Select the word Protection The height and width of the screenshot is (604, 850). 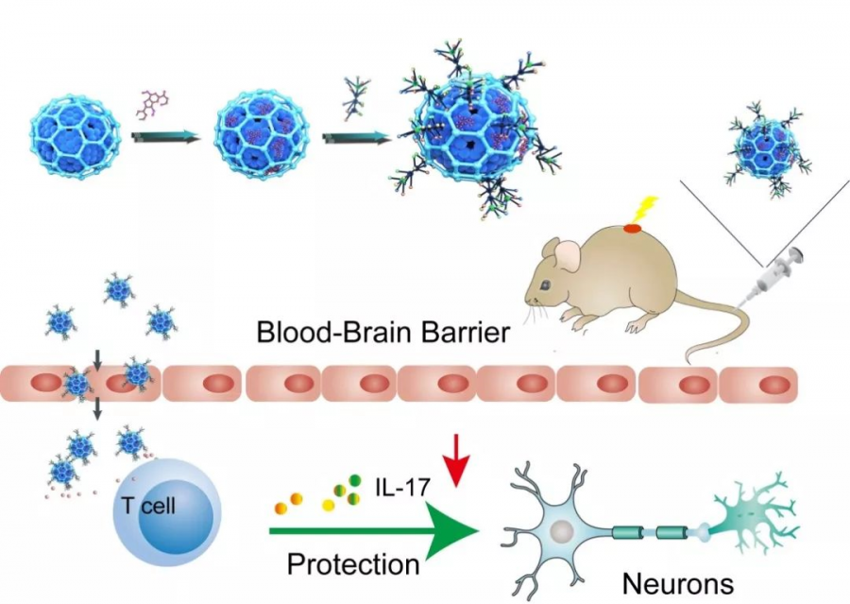coord(353,564)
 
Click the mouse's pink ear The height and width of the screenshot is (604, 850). coord(568,254)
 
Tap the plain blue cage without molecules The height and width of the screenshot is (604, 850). coord(76,138)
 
